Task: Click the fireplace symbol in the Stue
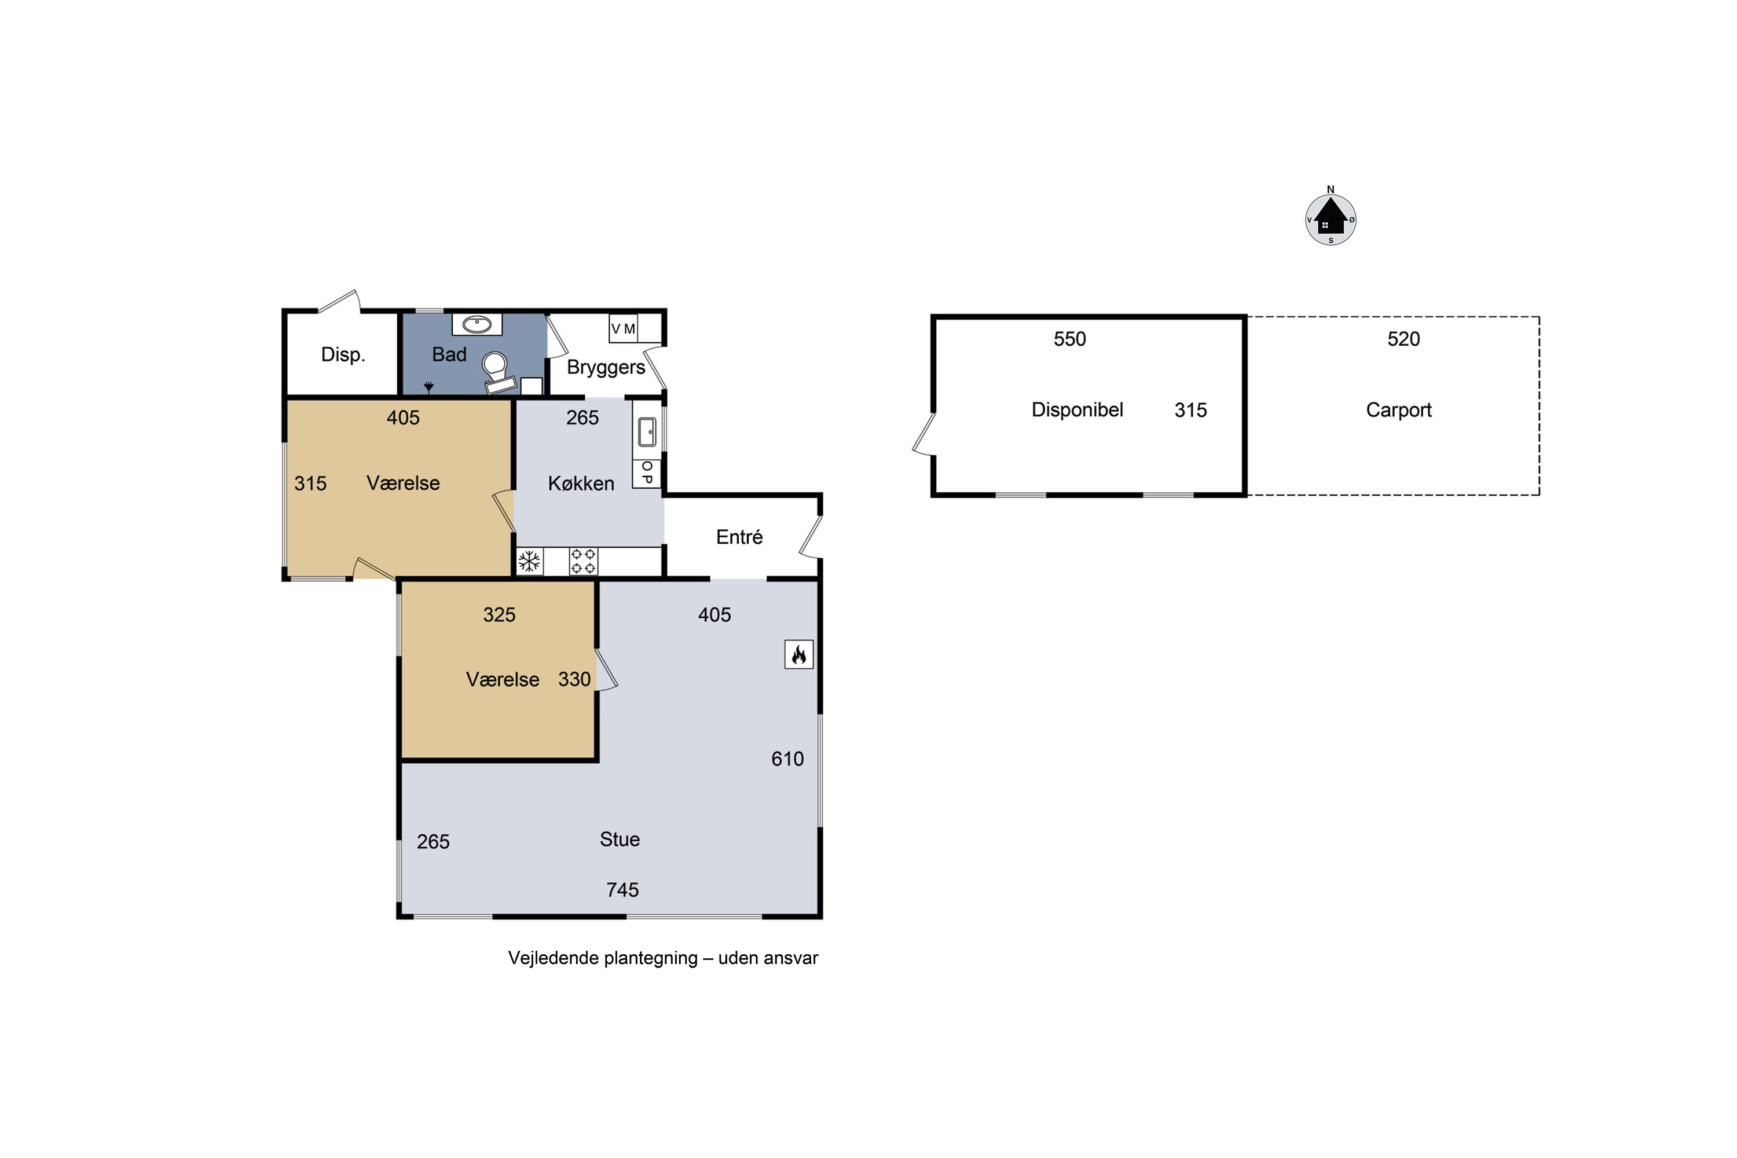click(798, 654)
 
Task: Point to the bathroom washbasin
click(477, 324)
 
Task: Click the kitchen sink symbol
click(647, 432)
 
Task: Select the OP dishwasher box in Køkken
click(647, 472)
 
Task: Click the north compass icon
click(1330, 217)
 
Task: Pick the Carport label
click(1398, 410)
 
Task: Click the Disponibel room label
click(1077, 410)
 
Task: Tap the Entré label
click(739, 537)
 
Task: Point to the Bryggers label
click(606, 368)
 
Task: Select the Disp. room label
click(343, 354)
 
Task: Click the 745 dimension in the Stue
click(622, 890)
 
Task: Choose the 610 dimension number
click(787, 759)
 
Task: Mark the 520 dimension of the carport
click(1403, 339)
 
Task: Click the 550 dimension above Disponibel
click(1069, 339)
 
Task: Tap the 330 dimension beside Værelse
click(574, 679)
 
